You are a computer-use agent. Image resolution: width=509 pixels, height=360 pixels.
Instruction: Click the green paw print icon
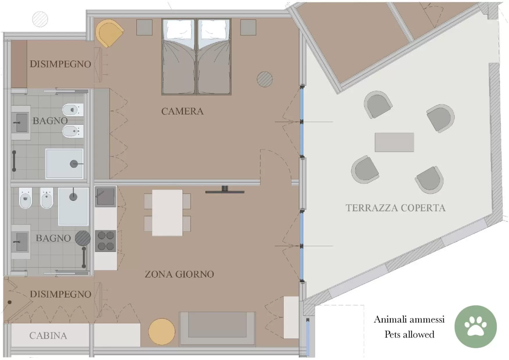tap(475, 326)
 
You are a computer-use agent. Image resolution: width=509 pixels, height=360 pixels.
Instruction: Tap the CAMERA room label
tap(182, 111)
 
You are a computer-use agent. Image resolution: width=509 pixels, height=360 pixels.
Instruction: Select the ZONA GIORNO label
tap(179, 274)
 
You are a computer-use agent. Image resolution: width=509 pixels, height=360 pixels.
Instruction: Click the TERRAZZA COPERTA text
tap(395, 208)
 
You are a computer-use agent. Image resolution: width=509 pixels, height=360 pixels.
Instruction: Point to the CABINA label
tap(48, 336)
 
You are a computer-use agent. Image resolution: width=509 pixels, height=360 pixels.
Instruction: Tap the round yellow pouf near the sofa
tap(162, 332)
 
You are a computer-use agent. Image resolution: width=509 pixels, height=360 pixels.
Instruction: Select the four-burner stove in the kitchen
tap(106, 241)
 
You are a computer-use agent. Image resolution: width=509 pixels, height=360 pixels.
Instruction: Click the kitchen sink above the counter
tap(105, 197)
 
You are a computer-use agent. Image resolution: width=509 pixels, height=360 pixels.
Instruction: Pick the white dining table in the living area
tap(167, 213)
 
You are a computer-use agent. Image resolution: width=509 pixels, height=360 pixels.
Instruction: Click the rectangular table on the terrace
tap(394, 142)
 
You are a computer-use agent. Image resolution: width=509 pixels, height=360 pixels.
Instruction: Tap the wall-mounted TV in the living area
tap(225, 191)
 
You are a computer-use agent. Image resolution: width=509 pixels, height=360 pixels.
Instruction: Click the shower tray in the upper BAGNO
tap(64, 163)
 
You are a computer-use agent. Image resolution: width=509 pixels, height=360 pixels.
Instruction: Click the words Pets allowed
tap(409, 334)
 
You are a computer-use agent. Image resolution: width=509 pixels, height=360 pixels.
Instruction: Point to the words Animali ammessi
tap(409, 319)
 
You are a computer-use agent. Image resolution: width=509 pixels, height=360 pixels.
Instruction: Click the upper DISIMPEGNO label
tap(60, 64)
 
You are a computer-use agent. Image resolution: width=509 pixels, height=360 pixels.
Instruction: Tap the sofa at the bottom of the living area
tap(217, 328)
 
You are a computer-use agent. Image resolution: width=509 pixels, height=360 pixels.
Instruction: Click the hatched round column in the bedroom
tap(265, 79)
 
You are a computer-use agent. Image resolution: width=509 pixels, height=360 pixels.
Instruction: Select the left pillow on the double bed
tap(179, 30)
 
